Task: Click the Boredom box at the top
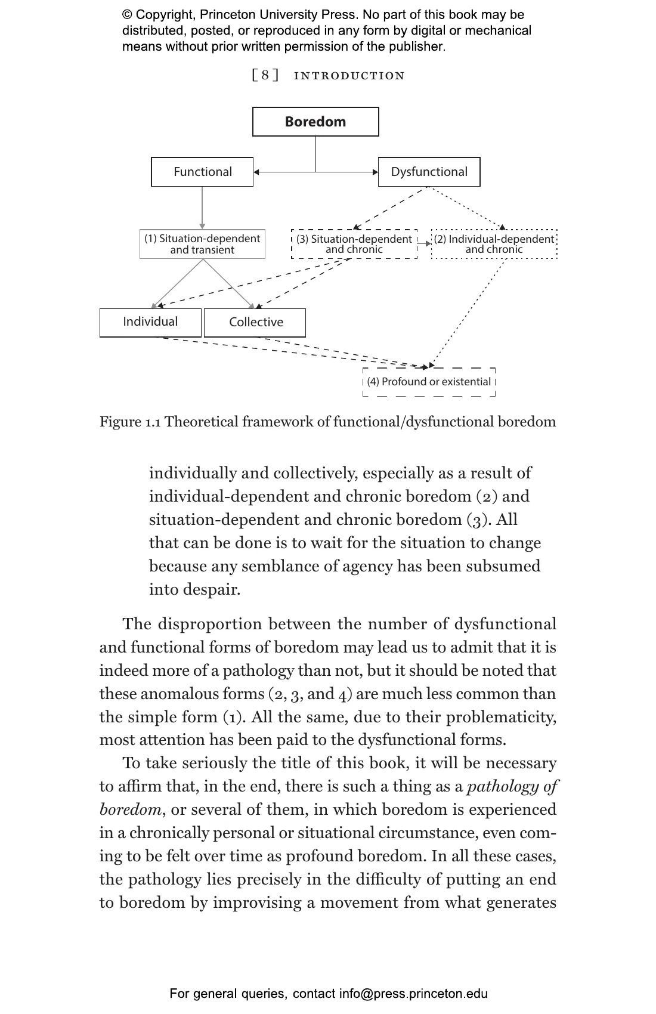click(315, 122)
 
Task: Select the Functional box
click(202, 172)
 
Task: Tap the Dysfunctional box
click(429, 172)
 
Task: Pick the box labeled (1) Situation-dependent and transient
click(202, 244)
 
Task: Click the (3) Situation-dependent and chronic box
click(354, 244)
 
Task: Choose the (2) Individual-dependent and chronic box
click(494, 244)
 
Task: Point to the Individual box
click(150, 322)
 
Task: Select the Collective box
click(255, 323)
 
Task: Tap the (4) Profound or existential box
click(429, 382)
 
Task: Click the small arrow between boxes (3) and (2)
click(424, 243)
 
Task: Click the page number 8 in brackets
click(265, 75)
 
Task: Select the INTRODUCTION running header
click(349, 76)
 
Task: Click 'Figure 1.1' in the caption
click(130, 422)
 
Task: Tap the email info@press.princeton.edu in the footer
click(413, 994)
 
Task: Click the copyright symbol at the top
click(127, 15)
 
